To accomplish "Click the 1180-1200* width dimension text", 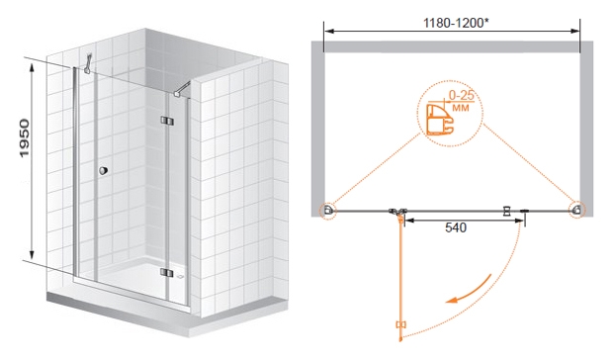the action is (x=456, y=23).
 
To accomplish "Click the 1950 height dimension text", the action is (x=25, y=138).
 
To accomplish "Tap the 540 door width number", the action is (x=456, y=227).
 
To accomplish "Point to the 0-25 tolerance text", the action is (x=461, y=95).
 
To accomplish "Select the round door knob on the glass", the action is (x=103, y=171).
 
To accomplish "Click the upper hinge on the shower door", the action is (x=166, y=121).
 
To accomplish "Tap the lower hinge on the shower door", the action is (x=166, y=272).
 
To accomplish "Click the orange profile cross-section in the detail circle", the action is (x=437, y=120).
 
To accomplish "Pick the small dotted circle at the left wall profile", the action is (x=327, y=211).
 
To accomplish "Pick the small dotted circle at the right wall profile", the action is (x=577, y=210).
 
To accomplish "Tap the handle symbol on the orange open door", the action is (x=401, y=324).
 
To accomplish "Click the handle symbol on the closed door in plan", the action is (x=507, y=211).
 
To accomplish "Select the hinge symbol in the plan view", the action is (x=398, y=213).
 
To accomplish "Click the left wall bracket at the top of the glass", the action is (x=88, y=63).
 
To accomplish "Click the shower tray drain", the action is (x=179, y=276).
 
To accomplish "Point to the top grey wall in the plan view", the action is (x=452, y=46).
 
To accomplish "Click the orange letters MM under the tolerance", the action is (x=460, y=107).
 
